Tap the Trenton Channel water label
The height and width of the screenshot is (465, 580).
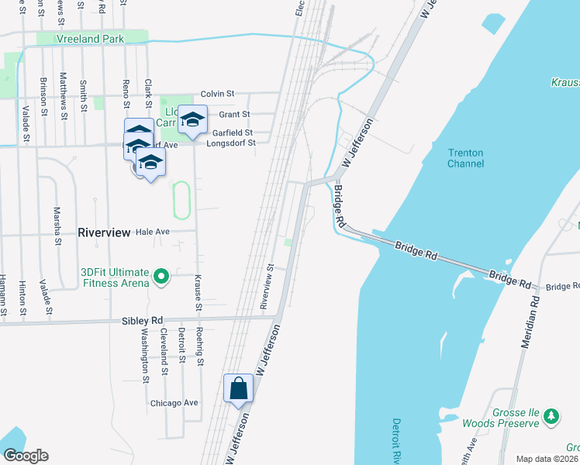pyautogui.click(x=465, y=158)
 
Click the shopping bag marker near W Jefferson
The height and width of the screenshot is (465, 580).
pyautogui.click(x=238, y=388)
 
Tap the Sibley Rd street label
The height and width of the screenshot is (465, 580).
pyautogui.click(x=142, y=320)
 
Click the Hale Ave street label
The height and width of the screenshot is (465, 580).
pyautogui.click(x=152, y=232)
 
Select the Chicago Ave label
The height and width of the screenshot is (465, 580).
pyautogui.click(x=174, y=403)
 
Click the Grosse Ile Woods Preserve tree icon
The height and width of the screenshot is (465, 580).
pyautogui.click(x=551, y=416)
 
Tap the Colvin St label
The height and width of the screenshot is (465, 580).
pyautogui.click(x=217, y=94)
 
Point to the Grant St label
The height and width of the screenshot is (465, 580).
pyautogui.click(x=235, y=114)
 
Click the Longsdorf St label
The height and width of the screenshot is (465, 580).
pyautogui.click(x=230, y=143)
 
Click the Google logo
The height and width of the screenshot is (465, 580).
pyautogui.click(x=26, y=456)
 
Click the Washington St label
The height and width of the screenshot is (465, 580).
pyautogui.click(x=144, y=356)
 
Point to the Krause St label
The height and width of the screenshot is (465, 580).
pyautogui.click(x=199, y=292)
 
